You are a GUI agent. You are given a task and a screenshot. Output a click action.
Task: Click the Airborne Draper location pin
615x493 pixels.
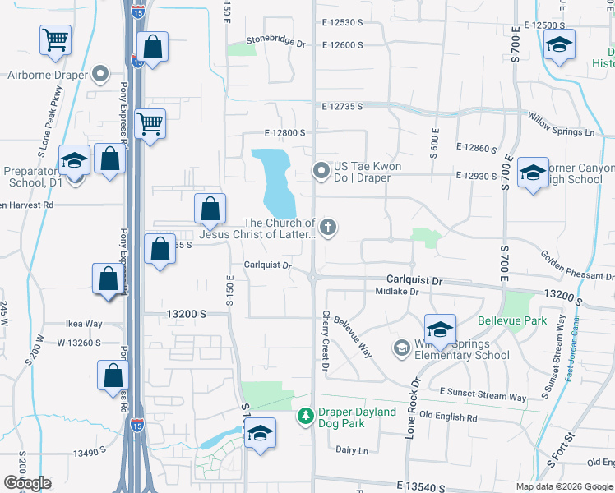pos(101,75)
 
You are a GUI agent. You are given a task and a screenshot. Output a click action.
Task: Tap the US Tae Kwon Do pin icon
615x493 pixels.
pos(321,172)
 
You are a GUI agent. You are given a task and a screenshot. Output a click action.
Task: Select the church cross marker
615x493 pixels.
pos(328,228)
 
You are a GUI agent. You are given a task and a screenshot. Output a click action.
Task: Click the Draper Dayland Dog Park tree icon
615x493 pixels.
pos(306,417)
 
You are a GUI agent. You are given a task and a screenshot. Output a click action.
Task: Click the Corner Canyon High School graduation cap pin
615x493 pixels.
pos(533,173)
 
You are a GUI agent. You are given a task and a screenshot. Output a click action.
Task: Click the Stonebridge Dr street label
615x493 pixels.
pos(277,40)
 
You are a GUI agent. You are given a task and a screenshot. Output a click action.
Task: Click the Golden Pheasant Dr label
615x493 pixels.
pos(575,265)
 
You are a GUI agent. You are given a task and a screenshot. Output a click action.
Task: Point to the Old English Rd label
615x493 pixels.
pos(448,417)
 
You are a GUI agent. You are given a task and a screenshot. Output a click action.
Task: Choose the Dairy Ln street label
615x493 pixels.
pos(352,449)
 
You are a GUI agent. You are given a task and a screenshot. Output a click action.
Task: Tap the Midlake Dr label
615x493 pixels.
pos(397,292)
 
